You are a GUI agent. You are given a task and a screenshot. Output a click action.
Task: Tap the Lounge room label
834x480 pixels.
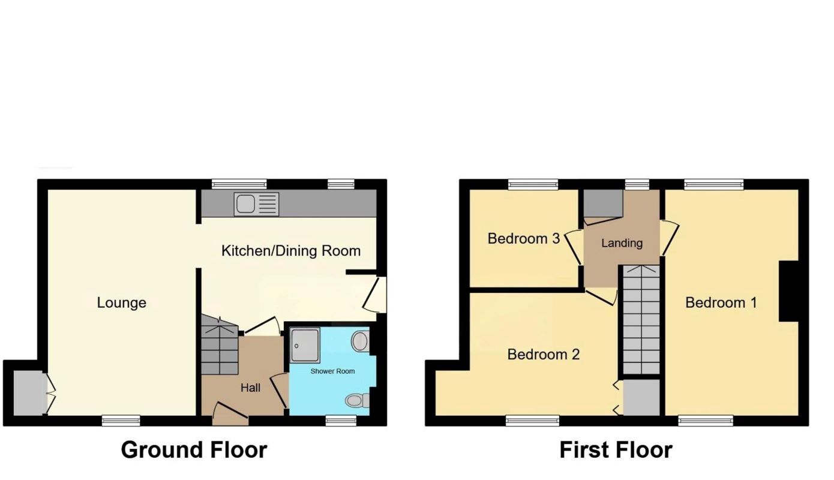click(122, 302)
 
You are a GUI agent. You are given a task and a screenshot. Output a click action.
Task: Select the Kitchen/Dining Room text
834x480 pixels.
click(291, 250)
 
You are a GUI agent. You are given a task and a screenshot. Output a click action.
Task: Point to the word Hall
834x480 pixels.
click(250, 388)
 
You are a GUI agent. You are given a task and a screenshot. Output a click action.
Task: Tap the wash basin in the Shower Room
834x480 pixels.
click(359, 341)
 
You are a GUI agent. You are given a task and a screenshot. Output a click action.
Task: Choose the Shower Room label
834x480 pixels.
click(332, 371)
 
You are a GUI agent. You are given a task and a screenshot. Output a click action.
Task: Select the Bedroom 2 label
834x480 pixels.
click(543, 354)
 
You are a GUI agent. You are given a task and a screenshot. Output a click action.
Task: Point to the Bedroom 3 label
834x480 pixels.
click(523, 238)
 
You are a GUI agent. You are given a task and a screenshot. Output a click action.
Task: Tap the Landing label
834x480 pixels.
click(622, 243)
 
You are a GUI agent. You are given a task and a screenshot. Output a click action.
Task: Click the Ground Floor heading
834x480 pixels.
click(194, 449)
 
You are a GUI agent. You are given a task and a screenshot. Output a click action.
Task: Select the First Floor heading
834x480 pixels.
click(616, 449)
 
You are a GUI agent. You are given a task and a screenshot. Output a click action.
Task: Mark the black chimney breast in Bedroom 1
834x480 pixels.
click(788, 291)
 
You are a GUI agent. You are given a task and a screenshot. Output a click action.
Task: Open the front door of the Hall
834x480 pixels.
click(231, 414)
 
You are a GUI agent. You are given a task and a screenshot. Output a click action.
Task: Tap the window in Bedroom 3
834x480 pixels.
click(533, 184)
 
